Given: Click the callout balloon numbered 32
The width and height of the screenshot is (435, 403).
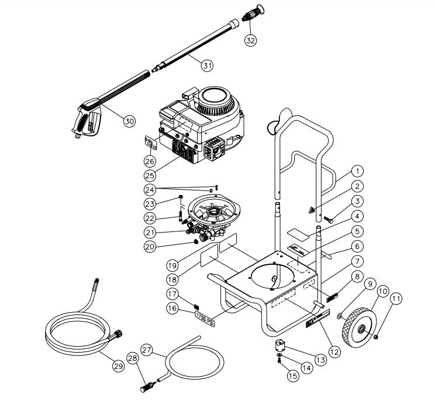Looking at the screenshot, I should (x=250, y=40).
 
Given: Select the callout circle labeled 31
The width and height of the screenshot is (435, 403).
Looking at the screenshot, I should (x=206, y=66).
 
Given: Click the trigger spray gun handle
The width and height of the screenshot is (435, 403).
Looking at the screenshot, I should (x=87, y=120).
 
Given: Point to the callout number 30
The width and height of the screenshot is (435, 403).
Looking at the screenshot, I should (x=129, y=121).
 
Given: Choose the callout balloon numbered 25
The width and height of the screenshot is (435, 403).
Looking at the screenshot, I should (x=150, y=175).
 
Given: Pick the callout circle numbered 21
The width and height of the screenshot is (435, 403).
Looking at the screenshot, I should (x=150, y=233).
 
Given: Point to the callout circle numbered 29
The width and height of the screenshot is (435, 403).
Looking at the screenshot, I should (x=119, y=366).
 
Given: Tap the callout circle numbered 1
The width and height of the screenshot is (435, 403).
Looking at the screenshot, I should (x=358, y=172).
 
